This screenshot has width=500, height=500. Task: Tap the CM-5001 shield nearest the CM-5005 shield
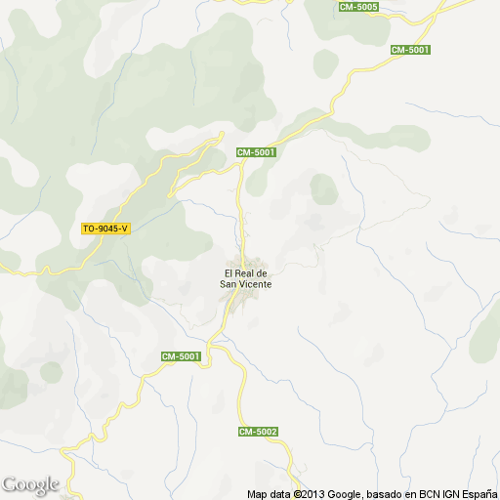click(x=410, y=49)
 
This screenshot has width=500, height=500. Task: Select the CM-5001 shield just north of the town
click(x=257, y=151)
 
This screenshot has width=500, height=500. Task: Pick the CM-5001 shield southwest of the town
click(x=181, y=356)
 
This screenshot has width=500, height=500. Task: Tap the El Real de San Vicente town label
click(x=246, y=278)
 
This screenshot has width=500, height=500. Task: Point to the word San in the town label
click(x=229, y=284)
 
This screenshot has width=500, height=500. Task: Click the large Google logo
click(x=30, y=484)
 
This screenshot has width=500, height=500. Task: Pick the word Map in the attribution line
click(x=257, y=493)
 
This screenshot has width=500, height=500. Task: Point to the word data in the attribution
click(x=279, y=493)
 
